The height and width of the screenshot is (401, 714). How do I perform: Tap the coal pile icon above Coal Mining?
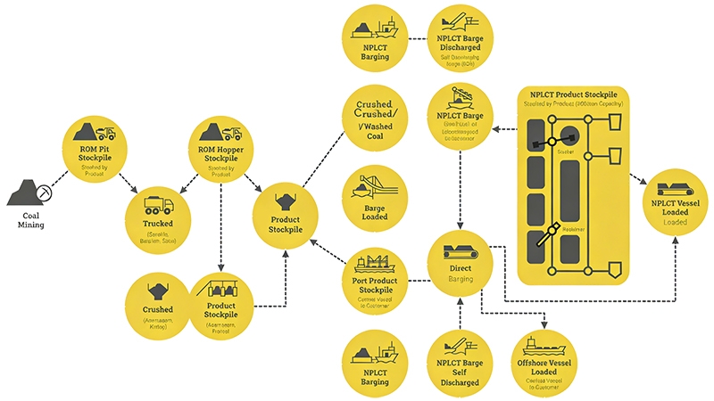pos(29,190)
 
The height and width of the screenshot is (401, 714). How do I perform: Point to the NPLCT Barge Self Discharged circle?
pos(461,360)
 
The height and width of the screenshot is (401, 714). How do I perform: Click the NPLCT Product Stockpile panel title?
pos(571,95)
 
